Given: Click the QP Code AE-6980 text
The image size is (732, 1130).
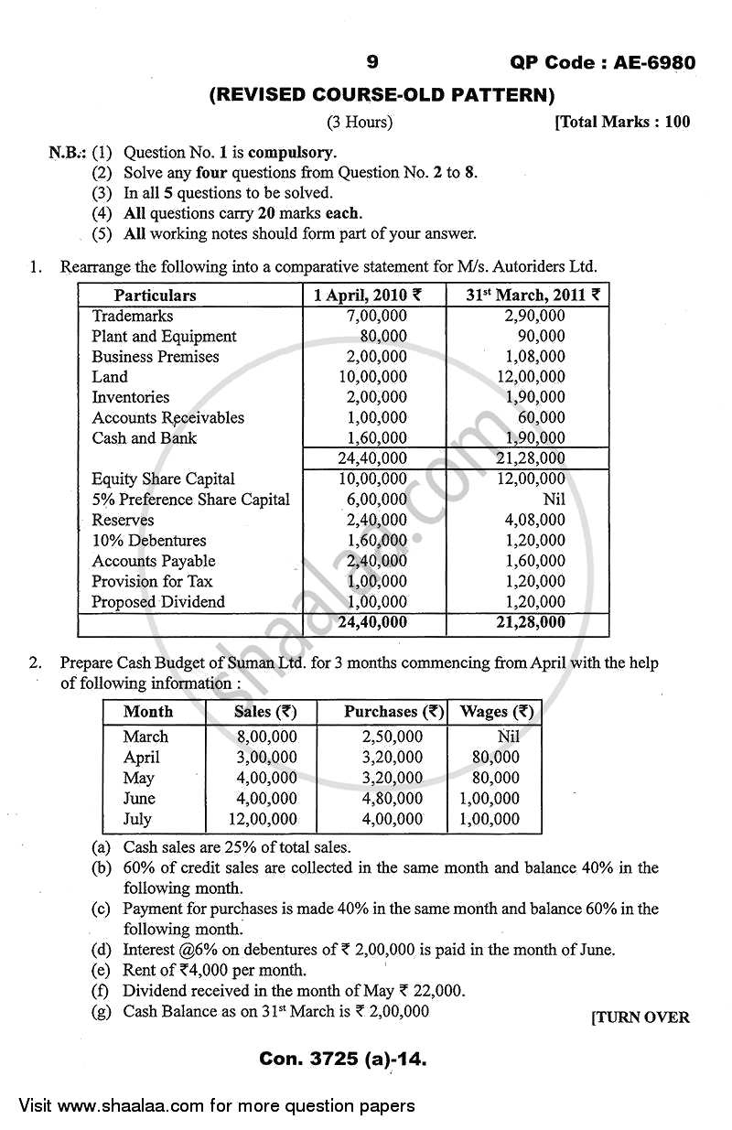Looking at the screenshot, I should pos(601,63).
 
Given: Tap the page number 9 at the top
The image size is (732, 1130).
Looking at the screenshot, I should pos(371,62).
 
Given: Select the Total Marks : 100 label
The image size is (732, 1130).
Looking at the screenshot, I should pos(622,122).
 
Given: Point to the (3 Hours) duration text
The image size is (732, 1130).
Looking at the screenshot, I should pos(360,122).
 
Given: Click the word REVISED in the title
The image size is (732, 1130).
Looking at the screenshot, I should pos(266,93).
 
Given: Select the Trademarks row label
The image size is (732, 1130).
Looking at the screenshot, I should pos(133,316).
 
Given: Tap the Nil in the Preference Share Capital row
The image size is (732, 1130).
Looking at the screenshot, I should pos(553,500).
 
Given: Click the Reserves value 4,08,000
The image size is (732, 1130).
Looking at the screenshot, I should pos(534,520).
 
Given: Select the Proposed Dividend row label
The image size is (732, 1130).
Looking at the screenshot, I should pos(158,602).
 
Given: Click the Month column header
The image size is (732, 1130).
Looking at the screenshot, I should pos(148,712).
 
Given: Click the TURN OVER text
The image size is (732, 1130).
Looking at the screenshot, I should pos(640,1017).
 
